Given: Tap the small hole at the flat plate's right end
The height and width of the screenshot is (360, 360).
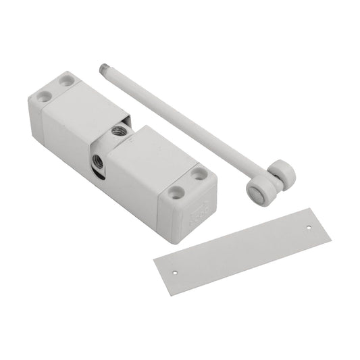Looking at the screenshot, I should [310, 228].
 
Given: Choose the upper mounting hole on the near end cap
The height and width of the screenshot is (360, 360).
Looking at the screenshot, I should [198, 174].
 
